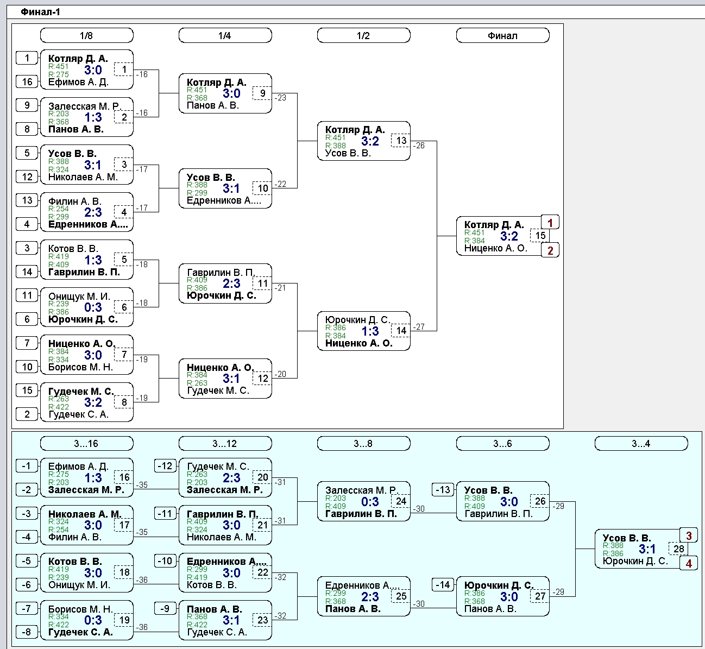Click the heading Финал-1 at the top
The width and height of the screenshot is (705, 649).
tap(40, 12)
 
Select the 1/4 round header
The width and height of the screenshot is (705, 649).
tap(225, 35)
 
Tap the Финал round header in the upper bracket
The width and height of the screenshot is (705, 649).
tap(502, 35)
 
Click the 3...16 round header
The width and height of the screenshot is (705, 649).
tap(86, 443)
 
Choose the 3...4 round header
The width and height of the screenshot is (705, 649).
tap(641, 443)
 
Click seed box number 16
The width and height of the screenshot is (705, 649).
tap(27, 82)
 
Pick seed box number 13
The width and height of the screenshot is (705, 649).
tap(27, 200)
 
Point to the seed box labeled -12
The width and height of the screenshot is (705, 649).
tap(165, 466)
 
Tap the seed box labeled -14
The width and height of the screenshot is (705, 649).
tap(443, 585)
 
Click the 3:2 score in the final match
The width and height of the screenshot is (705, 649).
tap(509, 236)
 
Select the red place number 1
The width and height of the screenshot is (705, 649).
tap(550, 223)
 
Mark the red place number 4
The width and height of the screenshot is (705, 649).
tap(689, 564)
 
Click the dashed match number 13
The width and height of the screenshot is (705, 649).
tap(401, 141)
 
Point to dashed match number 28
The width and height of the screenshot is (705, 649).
tap(678, 549)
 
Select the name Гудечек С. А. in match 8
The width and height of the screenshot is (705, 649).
tap(78, 414)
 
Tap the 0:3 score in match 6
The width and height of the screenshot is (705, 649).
tap(93, 307)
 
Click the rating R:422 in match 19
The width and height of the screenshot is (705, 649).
tap(58, 625)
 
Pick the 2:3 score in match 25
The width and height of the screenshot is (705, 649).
tap(370, 597)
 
